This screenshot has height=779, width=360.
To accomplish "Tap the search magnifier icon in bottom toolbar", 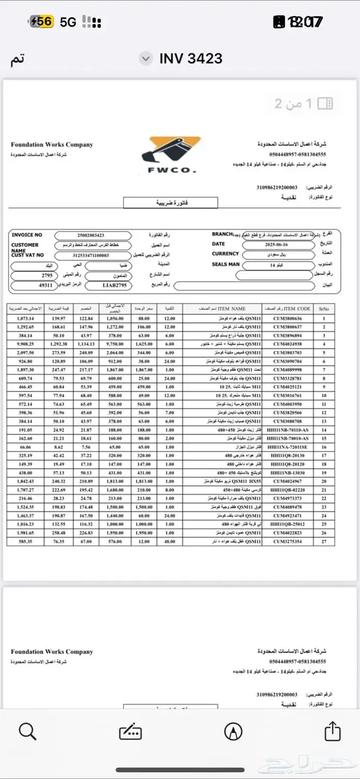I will [x=27, y=731].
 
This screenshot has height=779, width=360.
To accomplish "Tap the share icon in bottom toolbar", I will [x=332, y=731].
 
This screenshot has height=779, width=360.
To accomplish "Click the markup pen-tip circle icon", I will [x=233, y=731].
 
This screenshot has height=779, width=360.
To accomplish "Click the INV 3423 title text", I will [x=190, y=58].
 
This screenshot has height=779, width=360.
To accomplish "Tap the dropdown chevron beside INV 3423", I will [x=146, y=58].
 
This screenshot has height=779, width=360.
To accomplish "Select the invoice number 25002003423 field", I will [x=93, y=235].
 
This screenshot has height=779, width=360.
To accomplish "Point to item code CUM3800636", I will [x=288, y=319].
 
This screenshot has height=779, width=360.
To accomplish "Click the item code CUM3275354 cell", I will [x=288, y=542].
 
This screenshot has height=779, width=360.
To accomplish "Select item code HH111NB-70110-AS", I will [x=288, y=430].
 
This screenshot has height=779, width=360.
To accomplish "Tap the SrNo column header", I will [x=324, y=309].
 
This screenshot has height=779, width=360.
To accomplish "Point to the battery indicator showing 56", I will [x=41, y=22].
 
